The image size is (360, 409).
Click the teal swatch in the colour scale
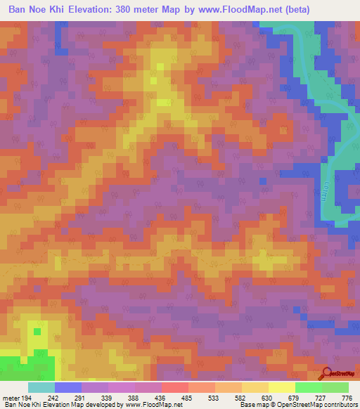click(x=41, y=387)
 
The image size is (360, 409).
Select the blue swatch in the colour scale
click(x=68, y=387)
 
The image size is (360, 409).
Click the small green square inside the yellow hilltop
click(x=37, y=330)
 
